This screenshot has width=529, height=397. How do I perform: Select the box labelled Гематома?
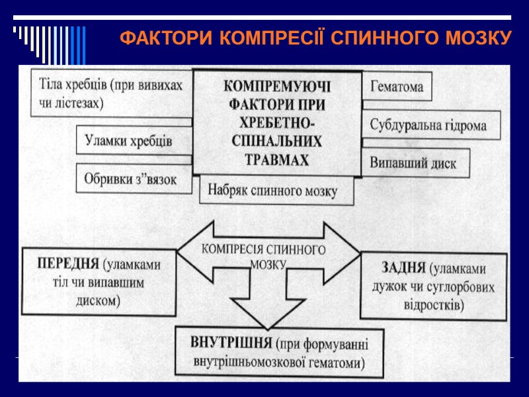point(397,87)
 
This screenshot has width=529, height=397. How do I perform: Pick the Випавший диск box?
point(413,163)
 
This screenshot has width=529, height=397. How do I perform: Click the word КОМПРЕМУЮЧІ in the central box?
point(276,87)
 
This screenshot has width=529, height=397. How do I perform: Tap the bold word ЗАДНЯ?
point(403,269)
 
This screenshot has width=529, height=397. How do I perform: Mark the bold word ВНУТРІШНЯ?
point(231,344)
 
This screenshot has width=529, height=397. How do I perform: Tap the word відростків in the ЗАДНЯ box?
point(433,305)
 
